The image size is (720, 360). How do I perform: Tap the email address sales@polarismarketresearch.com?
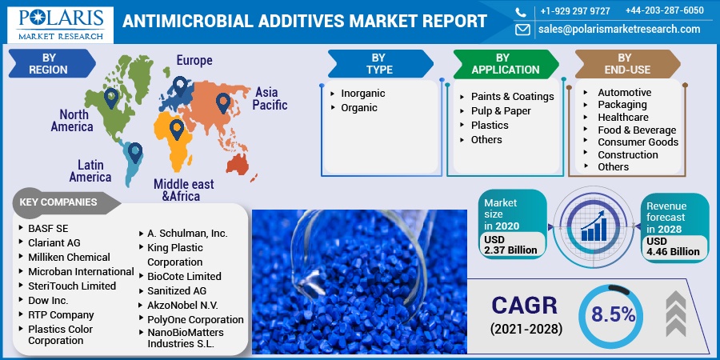point(618,30)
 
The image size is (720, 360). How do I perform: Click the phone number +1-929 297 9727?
point(574,10)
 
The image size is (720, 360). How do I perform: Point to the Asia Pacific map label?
point(270,98)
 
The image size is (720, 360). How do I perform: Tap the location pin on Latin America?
point(135,152)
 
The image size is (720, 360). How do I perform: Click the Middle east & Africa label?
point(183,190)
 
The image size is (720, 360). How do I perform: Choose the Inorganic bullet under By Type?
point(362,94)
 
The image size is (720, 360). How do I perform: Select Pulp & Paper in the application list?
point(501,110)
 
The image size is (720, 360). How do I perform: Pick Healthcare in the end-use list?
point(622,117)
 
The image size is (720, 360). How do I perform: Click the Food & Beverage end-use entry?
point(636,130)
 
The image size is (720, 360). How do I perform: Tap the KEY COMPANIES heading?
point(58,202)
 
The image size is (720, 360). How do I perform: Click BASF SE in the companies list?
point(48,228)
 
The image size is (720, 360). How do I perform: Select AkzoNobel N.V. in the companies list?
point(182,305)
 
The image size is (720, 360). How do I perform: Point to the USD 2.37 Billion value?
point(510,244)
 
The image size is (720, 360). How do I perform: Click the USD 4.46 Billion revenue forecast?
point(673,246)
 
